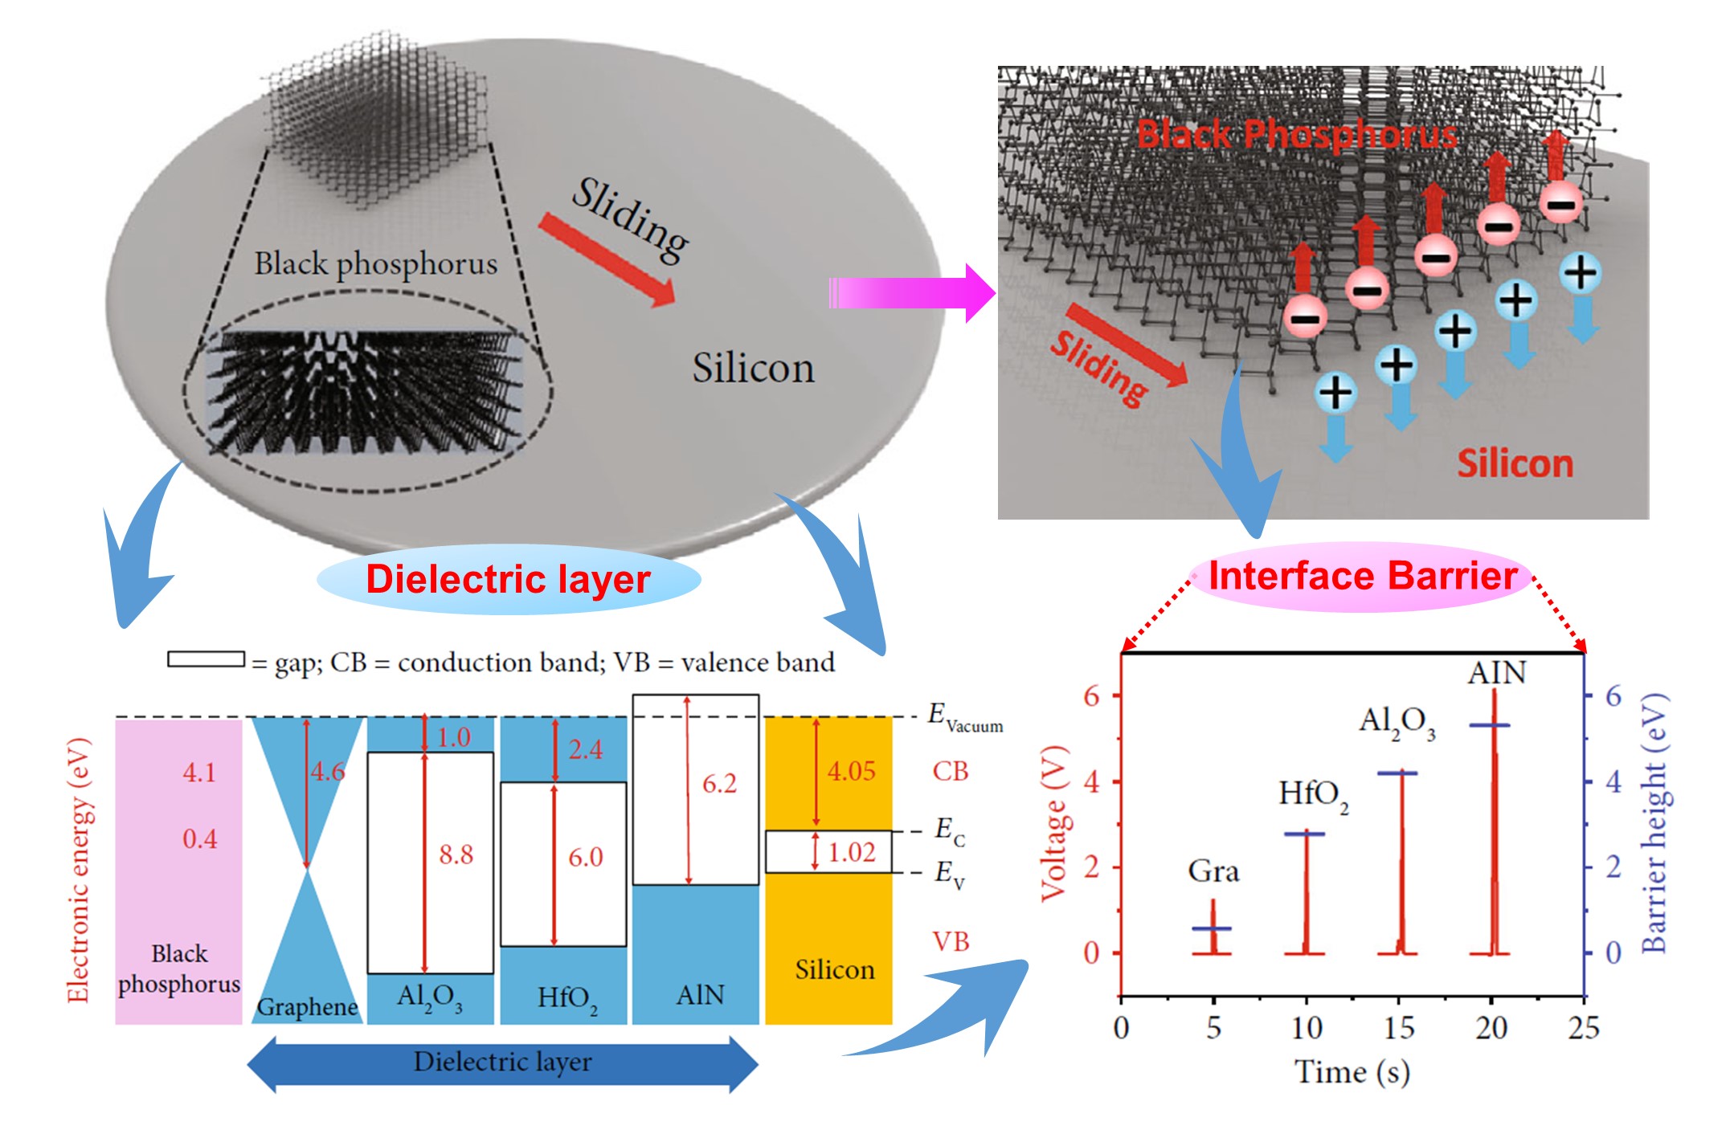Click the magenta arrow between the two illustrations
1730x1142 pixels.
click(x=912, y=292)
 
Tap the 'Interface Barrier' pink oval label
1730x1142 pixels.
click(x=1362, y=577)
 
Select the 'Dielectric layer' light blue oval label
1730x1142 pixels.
click(x=508, y=580)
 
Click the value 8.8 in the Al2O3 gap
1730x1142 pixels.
click(x=456, y=854)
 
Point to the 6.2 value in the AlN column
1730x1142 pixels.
click(x=719, y=783)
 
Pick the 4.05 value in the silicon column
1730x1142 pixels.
click(x=851, y=771)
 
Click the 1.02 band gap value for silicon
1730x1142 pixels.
click(x=852, y=851)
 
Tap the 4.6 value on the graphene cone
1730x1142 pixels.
click(x=328, y=772)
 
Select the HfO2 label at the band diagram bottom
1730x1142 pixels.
click(x=567, y=999)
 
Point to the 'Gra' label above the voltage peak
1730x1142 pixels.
click(x=1213, y=871)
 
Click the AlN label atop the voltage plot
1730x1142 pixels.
click(x=1496, y=673)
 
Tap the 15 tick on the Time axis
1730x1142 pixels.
click(x=1399, y=1028)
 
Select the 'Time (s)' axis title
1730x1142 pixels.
click(x=1352, y=1072)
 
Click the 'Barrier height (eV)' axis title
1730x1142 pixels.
click(x=1654, y=823)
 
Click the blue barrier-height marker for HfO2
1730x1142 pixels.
click(x=1305, y=834)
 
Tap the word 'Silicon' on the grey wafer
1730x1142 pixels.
click(x=753, y=369)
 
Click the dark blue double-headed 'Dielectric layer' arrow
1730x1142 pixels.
click(x=502, y=1063)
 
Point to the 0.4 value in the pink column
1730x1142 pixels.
click(x=199, y=839)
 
